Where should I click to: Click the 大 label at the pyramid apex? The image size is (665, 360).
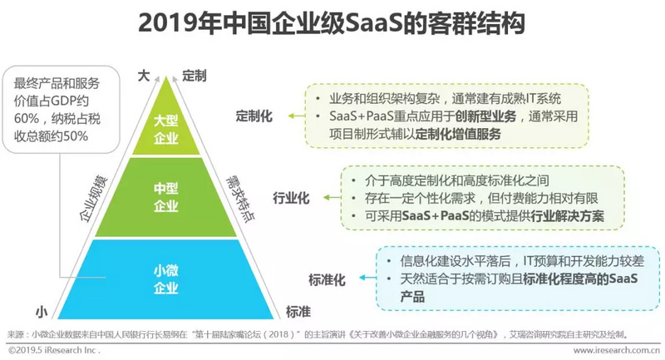pyautogui.click(x=143, y=76)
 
